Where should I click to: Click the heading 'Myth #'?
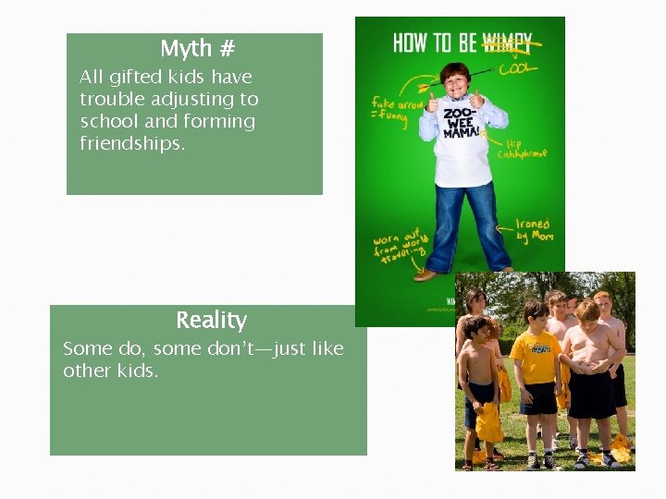tap(198, 48)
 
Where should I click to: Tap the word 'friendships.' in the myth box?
tap(132, 143)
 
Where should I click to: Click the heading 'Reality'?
tap(211, 321)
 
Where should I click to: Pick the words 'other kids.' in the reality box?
tap(110, 371)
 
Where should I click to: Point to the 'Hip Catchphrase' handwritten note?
tap(520, 149)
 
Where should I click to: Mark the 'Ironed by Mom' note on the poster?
tap(533, 229)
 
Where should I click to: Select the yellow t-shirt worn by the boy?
tap(535, 359)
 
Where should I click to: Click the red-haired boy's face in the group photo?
tap(603, 304)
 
